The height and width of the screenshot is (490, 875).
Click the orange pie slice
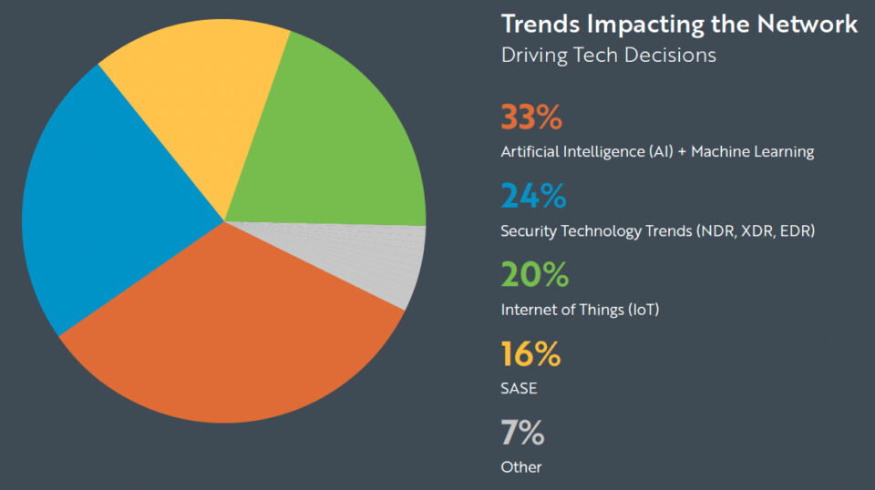[x=237, y=337]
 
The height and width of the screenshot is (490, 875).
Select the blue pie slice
[x=109, y=209]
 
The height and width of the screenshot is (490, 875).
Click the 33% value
[x=532, y=118]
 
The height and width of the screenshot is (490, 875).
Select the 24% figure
[x=533, y=197]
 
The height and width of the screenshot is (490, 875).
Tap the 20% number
[x=534, y=275]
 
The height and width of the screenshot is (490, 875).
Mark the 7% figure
[x=522, y=434]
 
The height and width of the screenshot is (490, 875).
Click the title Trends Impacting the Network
[x=679, y=24]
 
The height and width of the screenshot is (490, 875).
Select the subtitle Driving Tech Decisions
[x=609, y=55]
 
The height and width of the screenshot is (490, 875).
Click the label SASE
[x=519, y=389]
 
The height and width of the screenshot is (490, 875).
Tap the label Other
[x=521, y=467]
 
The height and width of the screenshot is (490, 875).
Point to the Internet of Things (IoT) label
[x=580, y=310]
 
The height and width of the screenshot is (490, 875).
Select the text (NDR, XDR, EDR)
[x=755, y=231]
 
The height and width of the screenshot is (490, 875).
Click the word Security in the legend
[x=528, y=231]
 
